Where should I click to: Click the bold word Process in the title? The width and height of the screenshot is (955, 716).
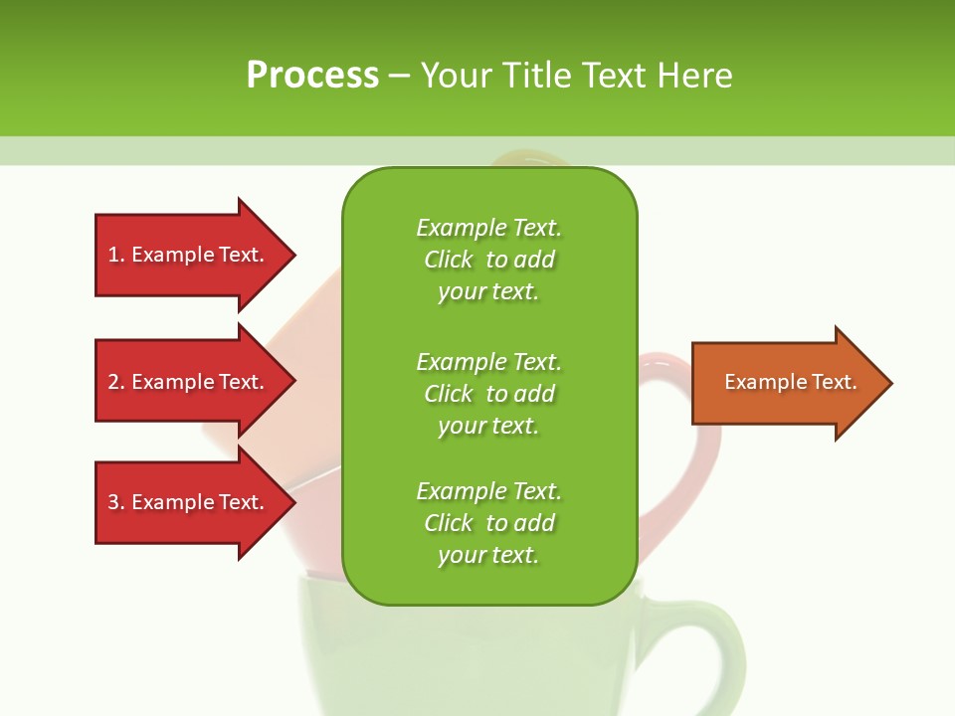[312, 76]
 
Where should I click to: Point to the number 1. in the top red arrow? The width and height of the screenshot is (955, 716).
[116, 255]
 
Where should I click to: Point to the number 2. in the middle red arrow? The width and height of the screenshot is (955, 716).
[116, 382]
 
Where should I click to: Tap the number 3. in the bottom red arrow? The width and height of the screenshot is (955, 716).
[116, 502]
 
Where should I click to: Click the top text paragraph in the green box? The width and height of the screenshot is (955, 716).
[488, 260]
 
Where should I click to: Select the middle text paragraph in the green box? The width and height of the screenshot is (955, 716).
[488, 394]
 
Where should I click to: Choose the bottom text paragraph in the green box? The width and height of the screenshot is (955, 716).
[488, 523]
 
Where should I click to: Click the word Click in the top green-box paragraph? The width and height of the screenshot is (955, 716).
[449, 260]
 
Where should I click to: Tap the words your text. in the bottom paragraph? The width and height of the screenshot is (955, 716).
[488, 555]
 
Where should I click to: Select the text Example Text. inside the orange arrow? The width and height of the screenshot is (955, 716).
[791, 382]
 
